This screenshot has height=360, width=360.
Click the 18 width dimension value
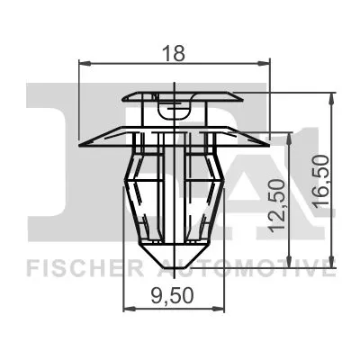pos(175,53)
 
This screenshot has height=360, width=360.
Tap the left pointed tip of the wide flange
pos(82,143)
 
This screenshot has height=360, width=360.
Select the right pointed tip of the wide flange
pos(268,143)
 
